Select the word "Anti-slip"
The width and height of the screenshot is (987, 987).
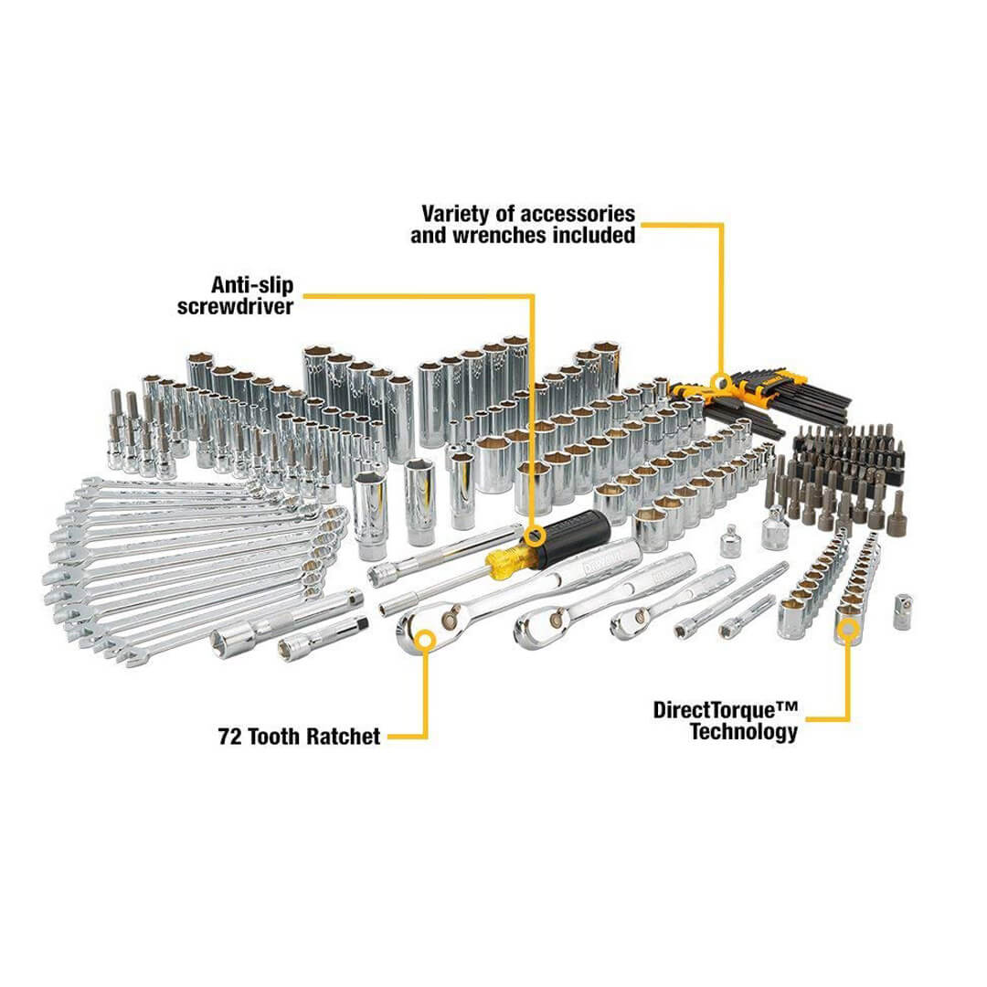pyautogui.click(x=252, y=285)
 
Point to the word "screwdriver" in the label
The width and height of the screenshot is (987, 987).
pyautogui.click(x=236, y=306)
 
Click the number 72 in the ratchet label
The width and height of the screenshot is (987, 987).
pyautogui.click(x=230, y=736)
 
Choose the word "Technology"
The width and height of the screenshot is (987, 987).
pyautogui.click(x=743, y=732)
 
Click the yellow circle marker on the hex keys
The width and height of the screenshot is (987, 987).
pyautogui.click(x=720, y=382)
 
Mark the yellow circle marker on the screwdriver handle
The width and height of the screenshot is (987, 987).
pyautogui.click(x=534, y=536)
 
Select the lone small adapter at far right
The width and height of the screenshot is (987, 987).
pyautogui.click(x=903, y=611)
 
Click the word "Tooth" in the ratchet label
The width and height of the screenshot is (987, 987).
pyautogui.click(x=276, y=736)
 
